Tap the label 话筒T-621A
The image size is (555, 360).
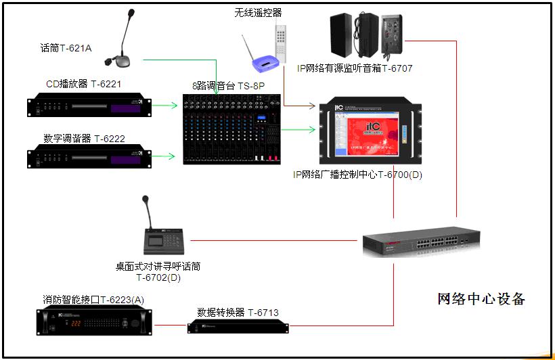[66, 48]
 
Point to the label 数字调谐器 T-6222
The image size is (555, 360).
[84, 139]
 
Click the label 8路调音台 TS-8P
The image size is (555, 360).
[228, 86]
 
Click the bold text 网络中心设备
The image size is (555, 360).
[481, 299]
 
